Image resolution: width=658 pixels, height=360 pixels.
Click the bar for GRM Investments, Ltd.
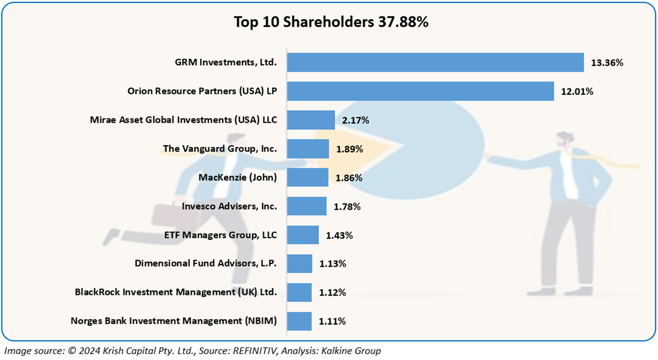[x=435, y=62]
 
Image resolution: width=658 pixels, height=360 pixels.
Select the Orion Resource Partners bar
[x=420, y=91]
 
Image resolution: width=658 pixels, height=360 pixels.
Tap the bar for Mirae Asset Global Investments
[x=311, y=120]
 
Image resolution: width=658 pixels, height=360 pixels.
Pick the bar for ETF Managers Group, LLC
[x=302, y=235]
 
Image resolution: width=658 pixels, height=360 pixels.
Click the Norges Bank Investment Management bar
[x=299, y=321]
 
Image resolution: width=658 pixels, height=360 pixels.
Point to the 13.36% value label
[x=607, y=63]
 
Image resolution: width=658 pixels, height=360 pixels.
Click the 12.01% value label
[x=577, y=92]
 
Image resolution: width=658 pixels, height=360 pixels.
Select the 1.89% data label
[x=349, y=149]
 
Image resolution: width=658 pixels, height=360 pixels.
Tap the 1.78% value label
[x=347, y=207]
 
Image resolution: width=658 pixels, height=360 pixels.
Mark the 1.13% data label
[x=332, y=264]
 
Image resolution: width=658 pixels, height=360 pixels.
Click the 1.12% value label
[x=332, y=293]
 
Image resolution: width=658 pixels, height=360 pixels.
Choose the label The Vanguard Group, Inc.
[x=219, y=149]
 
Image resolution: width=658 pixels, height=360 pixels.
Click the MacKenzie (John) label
[x=237, y=177]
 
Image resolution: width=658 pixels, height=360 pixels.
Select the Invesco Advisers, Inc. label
[x=229, y=206]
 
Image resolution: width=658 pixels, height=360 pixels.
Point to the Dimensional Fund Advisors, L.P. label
[x=205, y=263]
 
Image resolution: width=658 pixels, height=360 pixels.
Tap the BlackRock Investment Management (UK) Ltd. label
[x=176, y=292]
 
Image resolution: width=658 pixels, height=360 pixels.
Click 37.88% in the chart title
[x=403, y=22]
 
